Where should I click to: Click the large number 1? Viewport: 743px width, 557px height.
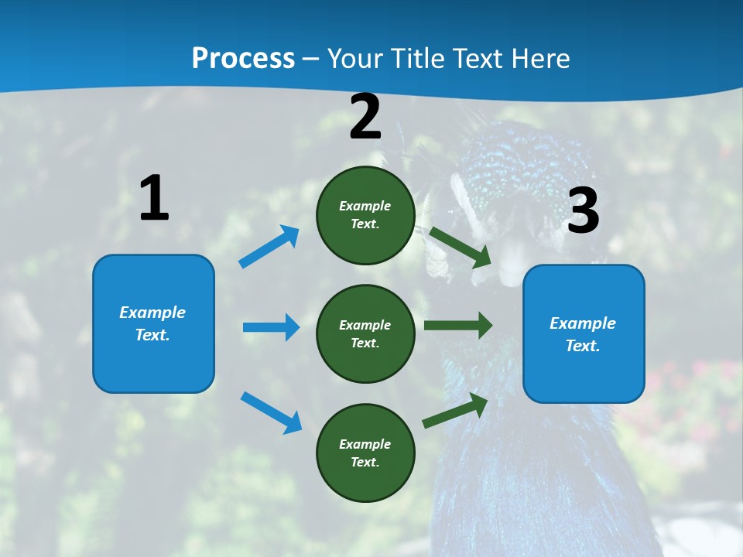coord(154,199)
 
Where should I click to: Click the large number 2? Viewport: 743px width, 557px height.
coord(365,117)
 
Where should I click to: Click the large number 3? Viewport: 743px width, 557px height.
coord(583,210)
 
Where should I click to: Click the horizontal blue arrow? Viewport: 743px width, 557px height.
coord(271,327)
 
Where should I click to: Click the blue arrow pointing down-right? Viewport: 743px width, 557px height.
coord(271,412)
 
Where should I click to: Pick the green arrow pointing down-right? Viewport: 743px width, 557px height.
coord(460,247)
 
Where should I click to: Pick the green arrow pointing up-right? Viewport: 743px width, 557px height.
coord(455,410)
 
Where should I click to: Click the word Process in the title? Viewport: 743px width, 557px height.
coord(243,58)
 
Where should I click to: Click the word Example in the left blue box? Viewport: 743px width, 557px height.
coord(152,313)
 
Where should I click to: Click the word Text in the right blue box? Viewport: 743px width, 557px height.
coord(580,346)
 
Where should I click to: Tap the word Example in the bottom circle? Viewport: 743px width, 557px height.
coord(365,444)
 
